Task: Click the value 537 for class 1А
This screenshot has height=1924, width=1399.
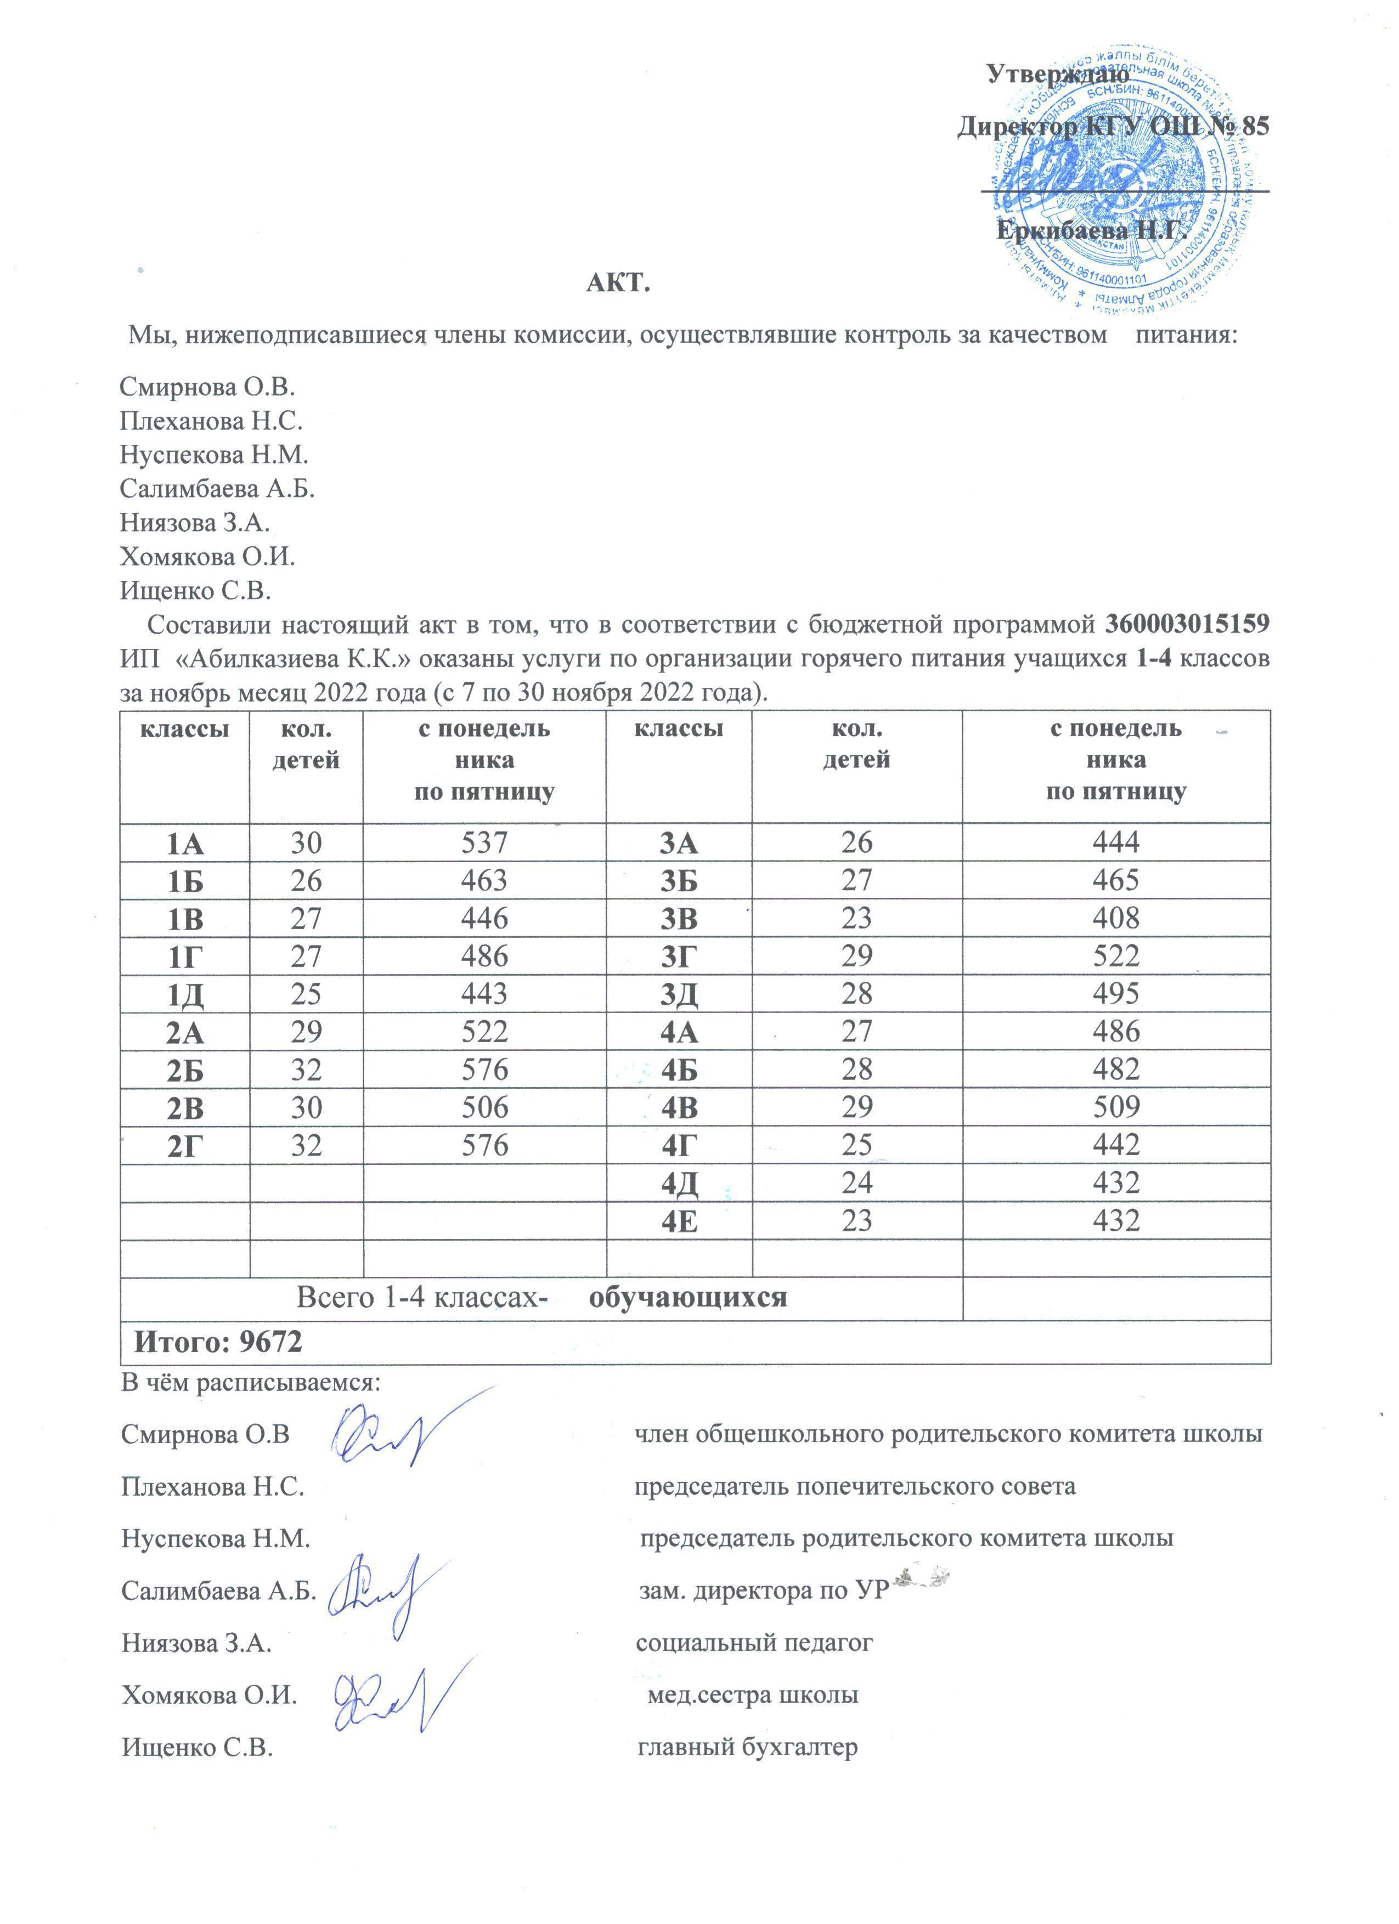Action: pyautogui.click(x=484, y=842)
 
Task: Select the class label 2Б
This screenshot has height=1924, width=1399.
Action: pyautogui.click(x=184, y=1069)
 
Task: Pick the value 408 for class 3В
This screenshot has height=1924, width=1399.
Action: pyautogui.click(x=1116, y=918)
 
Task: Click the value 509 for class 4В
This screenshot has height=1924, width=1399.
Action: pyautogui.click(x=1116, y=1107)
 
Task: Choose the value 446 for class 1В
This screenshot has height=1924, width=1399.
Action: pyautogui.click(x=484, y=918)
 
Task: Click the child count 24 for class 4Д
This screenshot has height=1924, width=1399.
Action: pyautogui.click(x=856, y=1182)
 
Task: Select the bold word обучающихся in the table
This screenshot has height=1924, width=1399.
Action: pyautogui.click(x=687, y=1297)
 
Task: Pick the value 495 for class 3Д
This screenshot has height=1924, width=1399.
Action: pyautogui.click(x=1116, y=993)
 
